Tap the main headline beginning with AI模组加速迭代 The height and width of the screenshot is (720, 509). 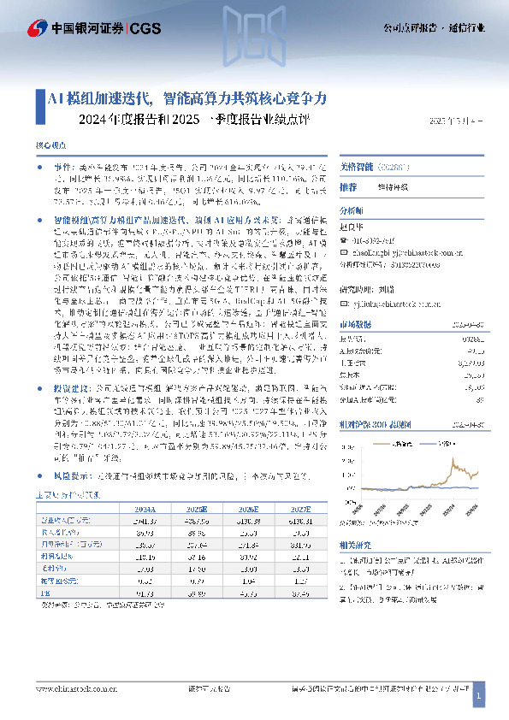193,98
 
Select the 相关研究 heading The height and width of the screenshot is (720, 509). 354,545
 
